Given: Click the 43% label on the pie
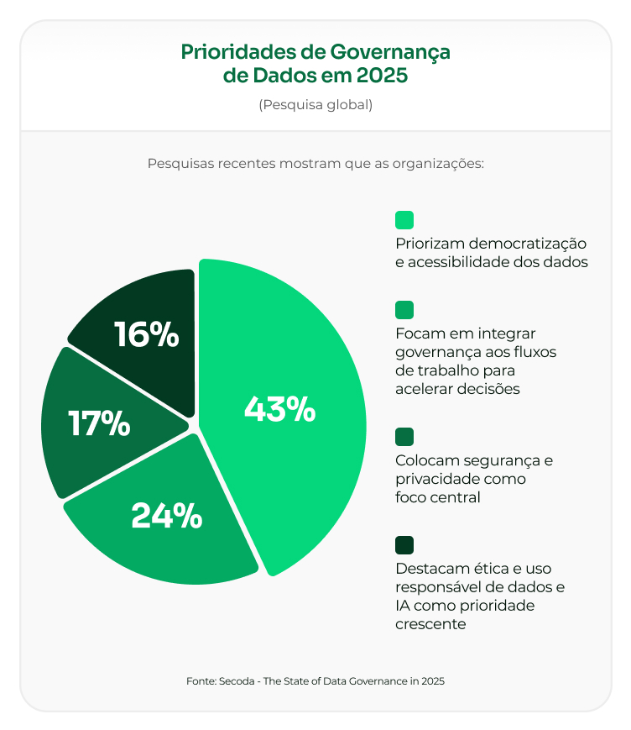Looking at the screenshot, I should (279, 409).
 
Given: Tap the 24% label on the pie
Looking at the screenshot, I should (166, 515).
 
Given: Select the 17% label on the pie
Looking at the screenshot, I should (99, 423).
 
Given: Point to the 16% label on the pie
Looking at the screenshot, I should (147, 333).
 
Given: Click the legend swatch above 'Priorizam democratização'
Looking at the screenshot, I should (404, 220).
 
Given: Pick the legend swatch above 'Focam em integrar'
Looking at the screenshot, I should (404, 310).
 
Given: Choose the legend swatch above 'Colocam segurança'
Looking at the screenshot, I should (404, 437).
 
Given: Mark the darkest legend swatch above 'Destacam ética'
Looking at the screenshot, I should (404, 545).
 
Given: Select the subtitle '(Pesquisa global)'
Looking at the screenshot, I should (315, 105).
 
